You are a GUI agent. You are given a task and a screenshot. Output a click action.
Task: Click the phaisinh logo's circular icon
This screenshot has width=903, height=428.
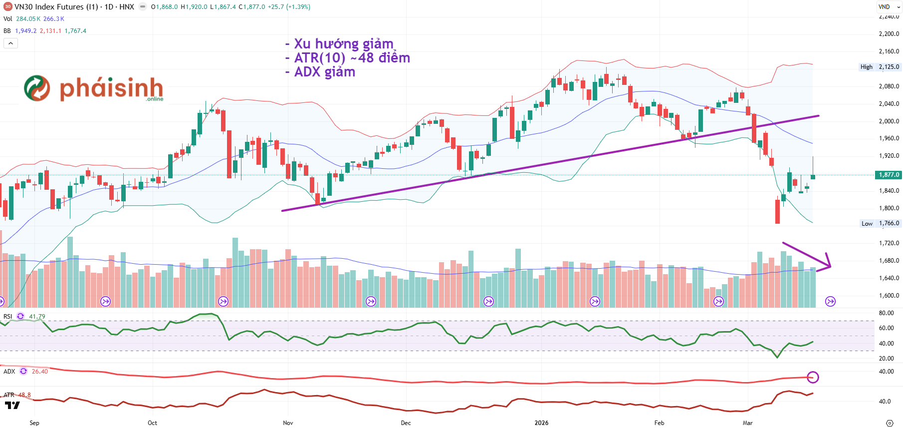click(37, 88)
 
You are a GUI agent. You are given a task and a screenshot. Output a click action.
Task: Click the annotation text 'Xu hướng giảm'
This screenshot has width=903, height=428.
click(343, 44)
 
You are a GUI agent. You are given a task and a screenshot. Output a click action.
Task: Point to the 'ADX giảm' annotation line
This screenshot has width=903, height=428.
click(324, 72)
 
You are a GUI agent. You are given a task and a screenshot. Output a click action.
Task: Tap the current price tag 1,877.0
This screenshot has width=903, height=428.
click(889, 175)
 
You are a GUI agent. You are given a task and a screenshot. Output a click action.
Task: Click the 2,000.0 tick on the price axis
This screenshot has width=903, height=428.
click(889, 121)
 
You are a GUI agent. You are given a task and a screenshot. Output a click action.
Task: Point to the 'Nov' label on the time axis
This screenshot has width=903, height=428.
click(288, 423)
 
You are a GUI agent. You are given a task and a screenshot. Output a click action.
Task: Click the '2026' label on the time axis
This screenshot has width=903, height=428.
click(541, 423)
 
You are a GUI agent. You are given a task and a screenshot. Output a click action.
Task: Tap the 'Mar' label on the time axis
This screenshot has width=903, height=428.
click(747, 423)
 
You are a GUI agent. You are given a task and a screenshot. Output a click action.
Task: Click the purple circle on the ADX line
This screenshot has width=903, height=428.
click(813, 377)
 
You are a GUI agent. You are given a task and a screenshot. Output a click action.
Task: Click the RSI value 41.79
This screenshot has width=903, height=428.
click(37, 316)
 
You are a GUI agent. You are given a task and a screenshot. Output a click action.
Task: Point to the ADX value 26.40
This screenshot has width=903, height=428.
click(40, 371)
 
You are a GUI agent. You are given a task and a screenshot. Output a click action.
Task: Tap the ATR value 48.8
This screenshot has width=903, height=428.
click(24, 395)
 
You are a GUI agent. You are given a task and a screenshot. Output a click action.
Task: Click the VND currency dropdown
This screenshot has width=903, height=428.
click(889, 7)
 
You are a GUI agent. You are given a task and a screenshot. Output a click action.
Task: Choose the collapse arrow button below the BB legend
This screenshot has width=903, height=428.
click(10, 43)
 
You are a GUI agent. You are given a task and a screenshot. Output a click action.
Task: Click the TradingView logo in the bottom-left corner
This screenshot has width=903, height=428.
click(12, 405)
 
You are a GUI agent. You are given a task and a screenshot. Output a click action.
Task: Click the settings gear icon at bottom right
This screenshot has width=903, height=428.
click(889, 423)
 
